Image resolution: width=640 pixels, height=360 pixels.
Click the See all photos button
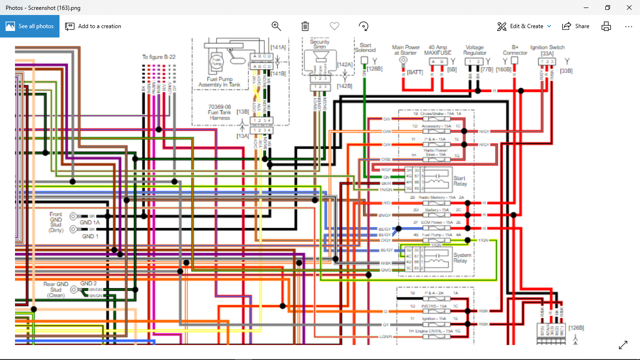pos(30,26)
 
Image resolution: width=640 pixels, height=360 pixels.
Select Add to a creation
pos(93,26)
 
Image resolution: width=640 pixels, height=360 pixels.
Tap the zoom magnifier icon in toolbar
pos(276,26)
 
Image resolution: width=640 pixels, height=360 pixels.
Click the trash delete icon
pos(305,26)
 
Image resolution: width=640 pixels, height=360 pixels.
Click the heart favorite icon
pos(334,26)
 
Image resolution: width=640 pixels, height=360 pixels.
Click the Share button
pos(576,26)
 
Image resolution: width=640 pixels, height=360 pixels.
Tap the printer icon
pos(606,26)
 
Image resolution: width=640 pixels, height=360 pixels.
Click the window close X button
pos(629,7)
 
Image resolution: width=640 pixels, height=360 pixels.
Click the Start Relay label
pos(460,181)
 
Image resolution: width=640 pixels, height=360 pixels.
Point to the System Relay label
pos(462,258)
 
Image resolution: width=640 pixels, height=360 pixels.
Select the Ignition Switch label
pos(547,47)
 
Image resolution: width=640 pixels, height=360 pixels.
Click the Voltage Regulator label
pos(475,50)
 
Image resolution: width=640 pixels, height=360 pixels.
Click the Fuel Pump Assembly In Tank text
pos(219,82)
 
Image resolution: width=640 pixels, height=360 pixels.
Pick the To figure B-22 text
pos(159,57)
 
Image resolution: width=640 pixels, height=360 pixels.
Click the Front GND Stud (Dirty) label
pos(56,222)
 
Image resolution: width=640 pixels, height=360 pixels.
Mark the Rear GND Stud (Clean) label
pos(56,290)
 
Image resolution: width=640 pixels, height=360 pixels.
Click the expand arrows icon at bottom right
pos(623,345)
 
